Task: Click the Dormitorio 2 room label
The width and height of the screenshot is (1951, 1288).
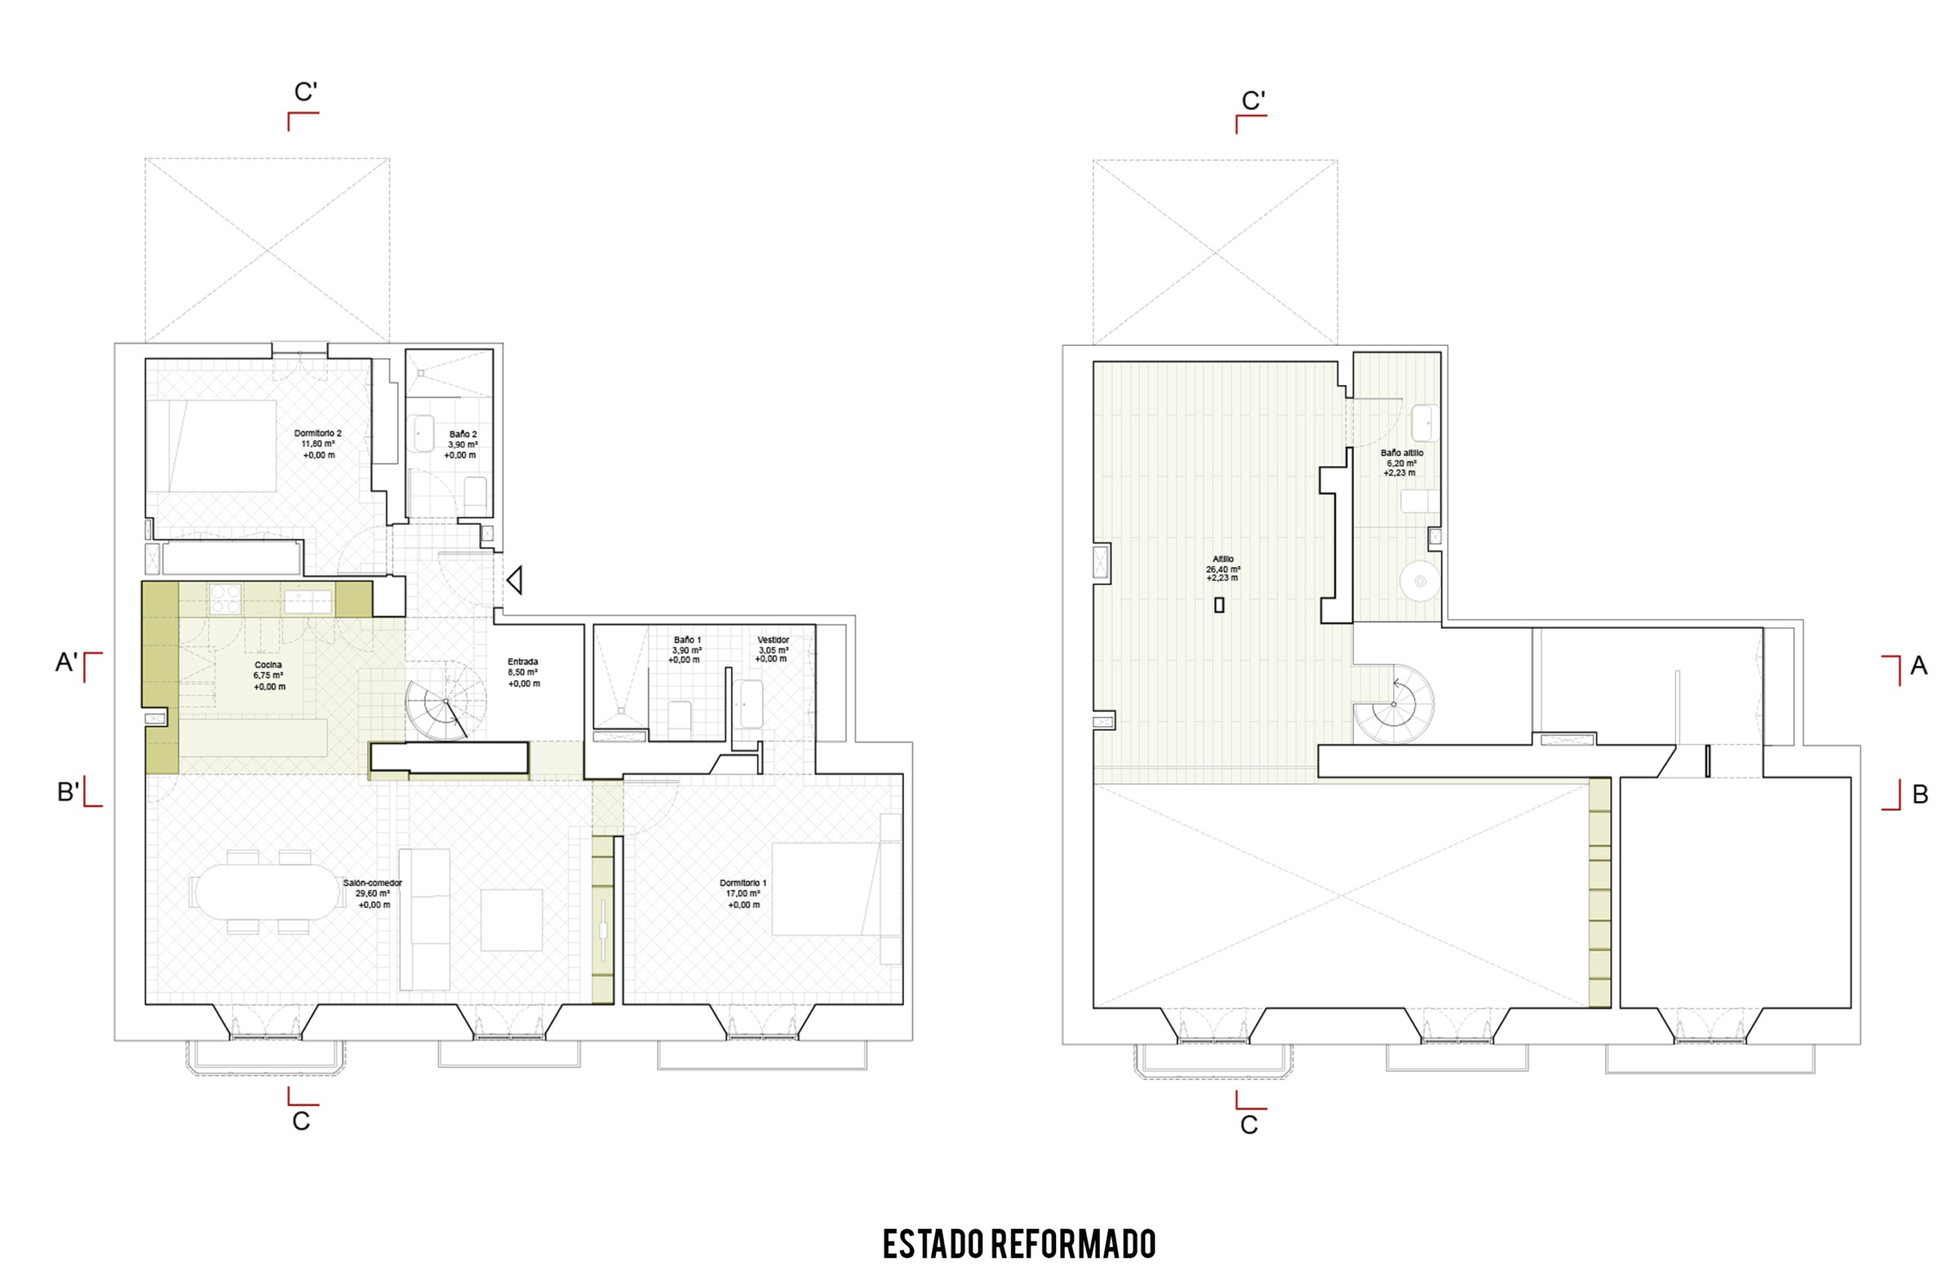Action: pos(318,444)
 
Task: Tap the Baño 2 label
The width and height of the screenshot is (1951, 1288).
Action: pos(463,444)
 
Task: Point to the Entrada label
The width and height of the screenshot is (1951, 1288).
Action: pos(524,672)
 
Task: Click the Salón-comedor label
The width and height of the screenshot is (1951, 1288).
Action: pos(373,893)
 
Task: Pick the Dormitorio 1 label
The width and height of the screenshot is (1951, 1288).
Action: pos(743,893)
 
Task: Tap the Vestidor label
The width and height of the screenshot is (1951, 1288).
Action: pos(772,649)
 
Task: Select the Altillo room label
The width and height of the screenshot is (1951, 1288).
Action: pos(1222,568)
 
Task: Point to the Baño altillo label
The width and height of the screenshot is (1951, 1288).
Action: pos(1402,463)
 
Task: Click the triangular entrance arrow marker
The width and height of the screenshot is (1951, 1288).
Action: pos(515,581)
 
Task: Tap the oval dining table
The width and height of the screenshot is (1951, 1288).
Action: pos(271,891)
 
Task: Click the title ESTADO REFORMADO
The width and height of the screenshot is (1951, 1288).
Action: pos(1020,1244)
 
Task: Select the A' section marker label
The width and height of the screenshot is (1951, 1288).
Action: pos(66,662)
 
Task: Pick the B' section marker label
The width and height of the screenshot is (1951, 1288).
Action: pos(68,792)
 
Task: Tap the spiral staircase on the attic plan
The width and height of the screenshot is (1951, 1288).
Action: pos(1393,704)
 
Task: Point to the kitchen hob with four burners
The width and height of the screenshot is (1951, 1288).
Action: pos(224,599)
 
